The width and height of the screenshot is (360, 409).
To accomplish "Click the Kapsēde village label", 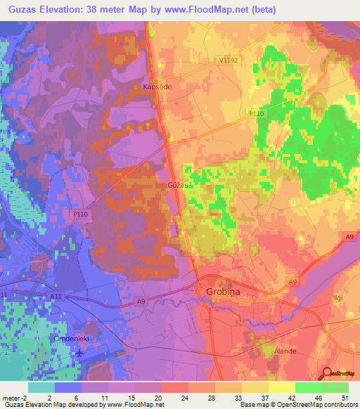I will [x=157, y=87].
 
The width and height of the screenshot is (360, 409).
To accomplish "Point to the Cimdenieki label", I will [x=74, y=338].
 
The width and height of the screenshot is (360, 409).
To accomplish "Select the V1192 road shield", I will [x=229, y=60].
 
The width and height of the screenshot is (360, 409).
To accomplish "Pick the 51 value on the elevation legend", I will [x=345, y=398].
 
